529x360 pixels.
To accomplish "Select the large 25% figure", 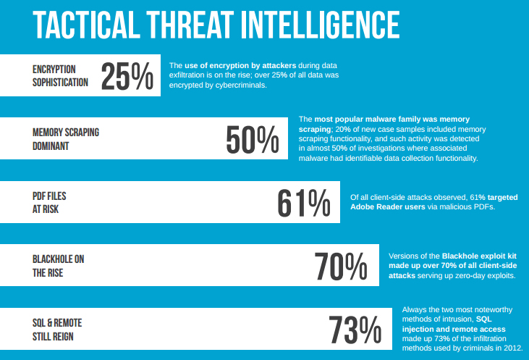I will (127, 76).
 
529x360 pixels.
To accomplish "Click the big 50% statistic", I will (252, 139).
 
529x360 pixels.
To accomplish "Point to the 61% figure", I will (303, 202).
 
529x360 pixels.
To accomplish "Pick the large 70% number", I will (341, 266).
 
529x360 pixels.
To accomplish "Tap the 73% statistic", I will (355, 330).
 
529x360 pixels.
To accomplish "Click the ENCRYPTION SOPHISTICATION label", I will (60, 75).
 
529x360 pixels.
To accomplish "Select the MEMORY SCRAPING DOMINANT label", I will (66, 139).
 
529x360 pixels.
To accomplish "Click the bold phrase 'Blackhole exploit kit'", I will (478, 256).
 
